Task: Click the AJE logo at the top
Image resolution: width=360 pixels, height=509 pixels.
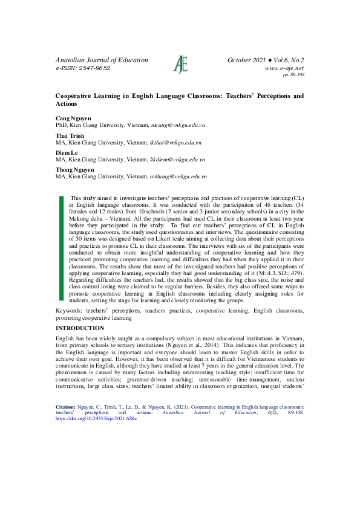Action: (x=180, y=63)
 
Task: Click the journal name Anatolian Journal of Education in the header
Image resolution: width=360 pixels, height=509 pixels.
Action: (x=102, y=60)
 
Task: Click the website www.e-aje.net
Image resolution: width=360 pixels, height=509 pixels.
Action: (x=284, y=68)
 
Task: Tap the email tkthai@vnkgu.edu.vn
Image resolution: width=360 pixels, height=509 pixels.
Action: (x=176, y=143)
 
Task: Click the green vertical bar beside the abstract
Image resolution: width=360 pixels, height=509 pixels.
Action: (x=61, y=248)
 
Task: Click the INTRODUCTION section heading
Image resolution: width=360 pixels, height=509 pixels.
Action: (x=80, y=328)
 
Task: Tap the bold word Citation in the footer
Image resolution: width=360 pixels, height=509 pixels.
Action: (x=65, y=407)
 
